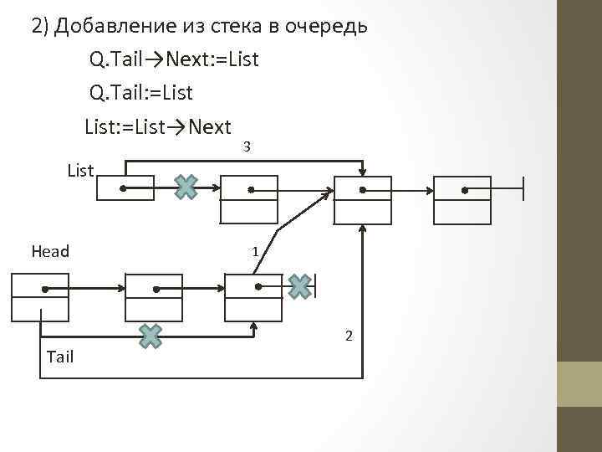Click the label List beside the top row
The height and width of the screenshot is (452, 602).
pyautogui.click(x=80, y=171)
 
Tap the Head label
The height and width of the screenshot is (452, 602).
pyautogui.click(x=50, y=251)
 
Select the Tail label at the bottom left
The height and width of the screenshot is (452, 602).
pyautogui.click(x=60, y=357)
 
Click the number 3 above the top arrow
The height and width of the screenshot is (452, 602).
pyautogui.click(x=247, y=147)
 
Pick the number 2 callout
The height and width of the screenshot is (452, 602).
pyautogui.click(x=349, y=336)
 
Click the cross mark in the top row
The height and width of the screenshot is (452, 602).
pyautogui.click(x=186, y=187)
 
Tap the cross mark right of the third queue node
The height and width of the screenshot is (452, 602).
pyautogui.click(x=300, y=286)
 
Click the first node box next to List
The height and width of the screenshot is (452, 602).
pyautogui.click(x=125, y=188)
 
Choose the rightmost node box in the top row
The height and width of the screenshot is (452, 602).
pyautogui.click(x=462, y=200)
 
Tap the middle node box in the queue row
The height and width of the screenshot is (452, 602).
pyautogui.click(x=154, y=298)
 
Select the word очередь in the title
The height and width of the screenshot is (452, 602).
pyautogui.click(x=326, y=26)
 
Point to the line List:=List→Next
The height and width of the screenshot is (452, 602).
pyautogui.click(x=158, y=127)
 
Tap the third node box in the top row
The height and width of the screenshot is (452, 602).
pyautogui.click(x=363, y=200)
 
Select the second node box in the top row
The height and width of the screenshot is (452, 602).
pyautogui.click(x=248, y=200)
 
